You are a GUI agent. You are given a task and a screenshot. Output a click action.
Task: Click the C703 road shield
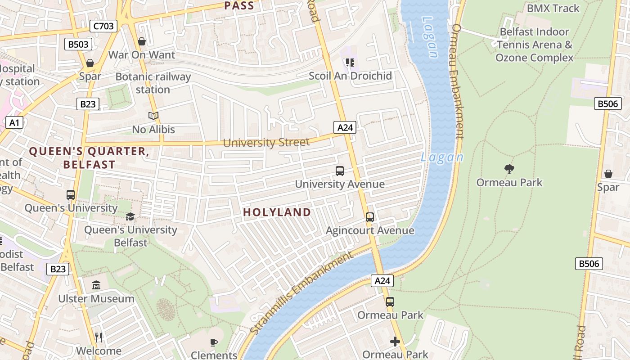click(103, 26)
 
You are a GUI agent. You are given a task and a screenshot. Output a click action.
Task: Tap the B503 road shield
click(78, 44)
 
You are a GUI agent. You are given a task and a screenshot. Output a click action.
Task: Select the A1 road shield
click(15, 122)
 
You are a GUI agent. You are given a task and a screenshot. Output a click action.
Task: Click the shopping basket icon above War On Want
click(142, 41)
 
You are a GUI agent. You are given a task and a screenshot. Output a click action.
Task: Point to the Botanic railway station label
click(153, 83)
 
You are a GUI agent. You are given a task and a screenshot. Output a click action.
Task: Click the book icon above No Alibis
click(153, 116)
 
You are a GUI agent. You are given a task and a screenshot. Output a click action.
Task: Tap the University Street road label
click(266, 143)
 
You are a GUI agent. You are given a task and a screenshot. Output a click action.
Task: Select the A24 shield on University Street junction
click(345, 127)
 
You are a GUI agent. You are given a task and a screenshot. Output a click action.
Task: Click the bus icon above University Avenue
click(340, 171)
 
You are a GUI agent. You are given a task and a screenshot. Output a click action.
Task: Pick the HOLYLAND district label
click(277, 212)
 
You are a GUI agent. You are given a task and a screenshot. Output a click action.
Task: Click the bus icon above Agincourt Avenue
click(369, 217)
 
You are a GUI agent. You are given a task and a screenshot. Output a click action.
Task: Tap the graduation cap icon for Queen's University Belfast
click(130, 216)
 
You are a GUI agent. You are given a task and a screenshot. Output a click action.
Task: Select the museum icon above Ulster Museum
click(96, 285)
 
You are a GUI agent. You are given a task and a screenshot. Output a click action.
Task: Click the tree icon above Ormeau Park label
click(509, 169)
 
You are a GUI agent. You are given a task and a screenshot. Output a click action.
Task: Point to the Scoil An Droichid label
click(350, 76)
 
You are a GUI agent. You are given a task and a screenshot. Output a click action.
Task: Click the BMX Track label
click(553, 8)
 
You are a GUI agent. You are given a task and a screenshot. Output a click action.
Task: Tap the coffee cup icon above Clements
click(214, 342)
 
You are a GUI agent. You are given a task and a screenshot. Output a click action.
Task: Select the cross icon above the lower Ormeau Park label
click(395, 342)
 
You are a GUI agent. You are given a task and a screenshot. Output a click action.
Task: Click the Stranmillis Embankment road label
click(301, 293)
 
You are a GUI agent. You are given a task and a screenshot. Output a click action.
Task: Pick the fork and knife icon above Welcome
click(99, 337)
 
